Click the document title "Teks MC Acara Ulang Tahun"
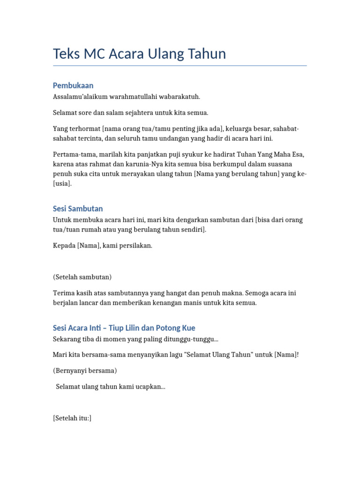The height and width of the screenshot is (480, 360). tap(139, 54)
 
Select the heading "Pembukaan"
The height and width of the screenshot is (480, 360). tap(73, 85)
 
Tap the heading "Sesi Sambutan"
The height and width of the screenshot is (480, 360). tap(78, 209)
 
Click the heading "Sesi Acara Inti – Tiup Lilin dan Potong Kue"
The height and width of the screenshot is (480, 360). tap(124, 328)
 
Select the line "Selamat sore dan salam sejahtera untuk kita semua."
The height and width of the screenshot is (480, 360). tap(130, 113)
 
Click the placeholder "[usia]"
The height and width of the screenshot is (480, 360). tap(62, 184)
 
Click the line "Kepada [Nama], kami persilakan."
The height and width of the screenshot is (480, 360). tap(103, 246)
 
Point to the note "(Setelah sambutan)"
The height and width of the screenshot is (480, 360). tap(82, 277)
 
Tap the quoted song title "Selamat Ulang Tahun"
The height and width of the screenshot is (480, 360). tap(217, 355)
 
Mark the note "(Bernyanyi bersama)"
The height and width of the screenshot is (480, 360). tap(85, 371)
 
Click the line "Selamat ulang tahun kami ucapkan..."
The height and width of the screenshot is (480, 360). tap(110, 387)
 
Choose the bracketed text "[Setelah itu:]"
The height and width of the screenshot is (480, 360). tap(72, 418)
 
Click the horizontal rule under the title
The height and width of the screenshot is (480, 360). tap(180, 66)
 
